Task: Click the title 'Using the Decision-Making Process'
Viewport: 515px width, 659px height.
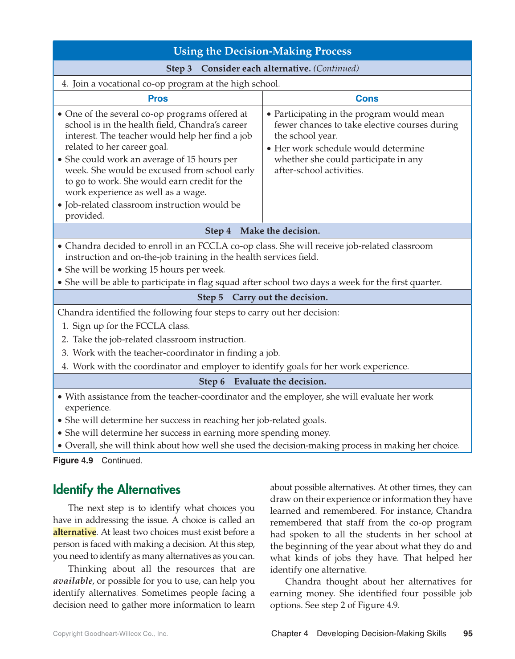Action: (x=262, y=51)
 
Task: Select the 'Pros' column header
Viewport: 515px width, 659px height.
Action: (x=158, y=98)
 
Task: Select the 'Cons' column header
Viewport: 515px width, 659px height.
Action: (x=367, y=98)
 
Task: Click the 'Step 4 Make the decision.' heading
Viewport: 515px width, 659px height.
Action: (x=262, y=231)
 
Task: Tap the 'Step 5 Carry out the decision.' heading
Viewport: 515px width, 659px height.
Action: (x=262, y=297)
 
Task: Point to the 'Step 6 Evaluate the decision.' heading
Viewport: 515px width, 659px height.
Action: (x=262, y=381)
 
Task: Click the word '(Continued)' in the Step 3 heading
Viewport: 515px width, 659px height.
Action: (x=336, y=68)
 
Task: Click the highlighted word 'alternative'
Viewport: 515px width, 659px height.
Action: (x=74, y=532)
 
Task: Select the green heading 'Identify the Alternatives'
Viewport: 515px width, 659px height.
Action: (x=117, y=490)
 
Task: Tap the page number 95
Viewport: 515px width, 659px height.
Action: (x=468, y=634)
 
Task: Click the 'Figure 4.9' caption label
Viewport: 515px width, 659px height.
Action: (x=73, y=460)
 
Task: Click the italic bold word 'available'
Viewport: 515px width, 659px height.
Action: (x=73, y=581)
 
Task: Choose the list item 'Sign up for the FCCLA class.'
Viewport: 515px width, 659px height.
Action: (x=131, y=326)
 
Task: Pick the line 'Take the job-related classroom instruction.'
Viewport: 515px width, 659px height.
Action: (x=159, y=339)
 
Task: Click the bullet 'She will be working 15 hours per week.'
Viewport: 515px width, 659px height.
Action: (x=145, y=270)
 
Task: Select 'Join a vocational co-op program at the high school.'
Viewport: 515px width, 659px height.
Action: (x=176, y=83)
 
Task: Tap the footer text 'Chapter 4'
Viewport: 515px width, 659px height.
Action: (x=290, y=634)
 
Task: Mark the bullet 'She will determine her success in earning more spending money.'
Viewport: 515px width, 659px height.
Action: (x=197, y=433)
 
